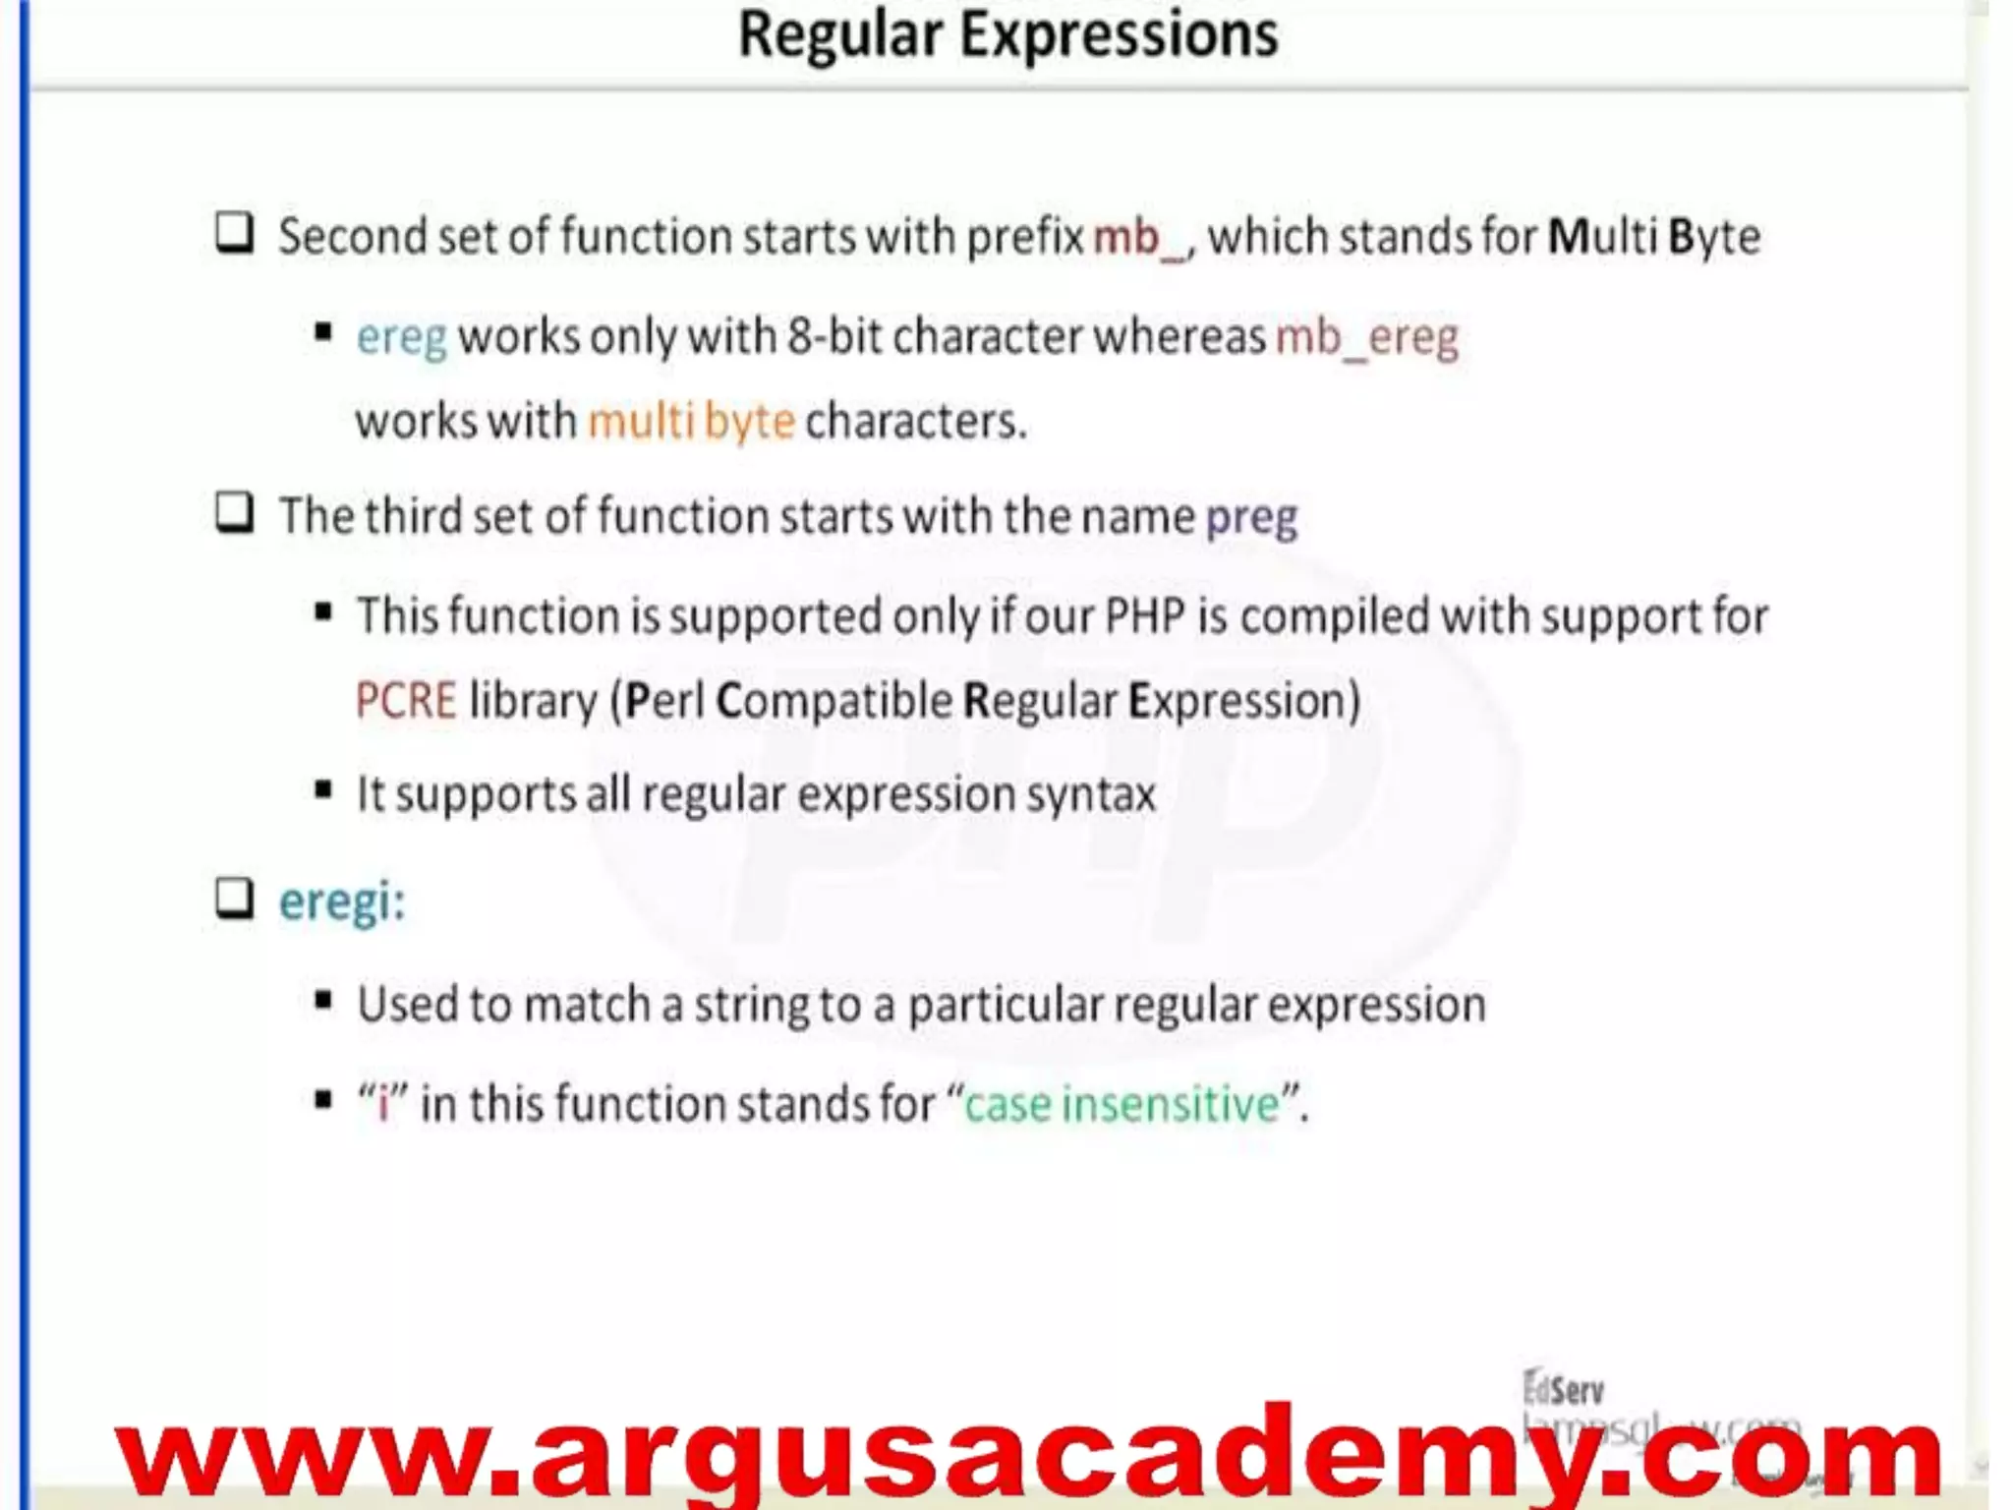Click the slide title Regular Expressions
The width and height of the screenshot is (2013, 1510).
coord(1007,35)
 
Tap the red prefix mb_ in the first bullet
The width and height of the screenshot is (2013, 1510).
coord(1140,238)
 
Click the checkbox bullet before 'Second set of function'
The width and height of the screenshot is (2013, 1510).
coord(235,234)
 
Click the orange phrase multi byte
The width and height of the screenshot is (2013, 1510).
coord(691,422)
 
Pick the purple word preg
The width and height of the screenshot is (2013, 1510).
coord(1251,517)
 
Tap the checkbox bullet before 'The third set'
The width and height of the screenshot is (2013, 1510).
coord(235,513)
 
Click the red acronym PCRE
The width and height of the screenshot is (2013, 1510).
coord(406,701)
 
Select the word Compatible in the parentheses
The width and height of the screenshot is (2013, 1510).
coord(834,701)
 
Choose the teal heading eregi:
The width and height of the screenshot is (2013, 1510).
coord(341,900)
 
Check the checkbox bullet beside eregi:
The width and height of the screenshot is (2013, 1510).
coord(235,898)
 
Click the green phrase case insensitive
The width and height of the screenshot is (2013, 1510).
coord(1122,1104)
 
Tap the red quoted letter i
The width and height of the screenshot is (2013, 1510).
coord(382,1104)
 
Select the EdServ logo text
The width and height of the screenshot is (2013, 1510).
coord(1563,1389)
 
